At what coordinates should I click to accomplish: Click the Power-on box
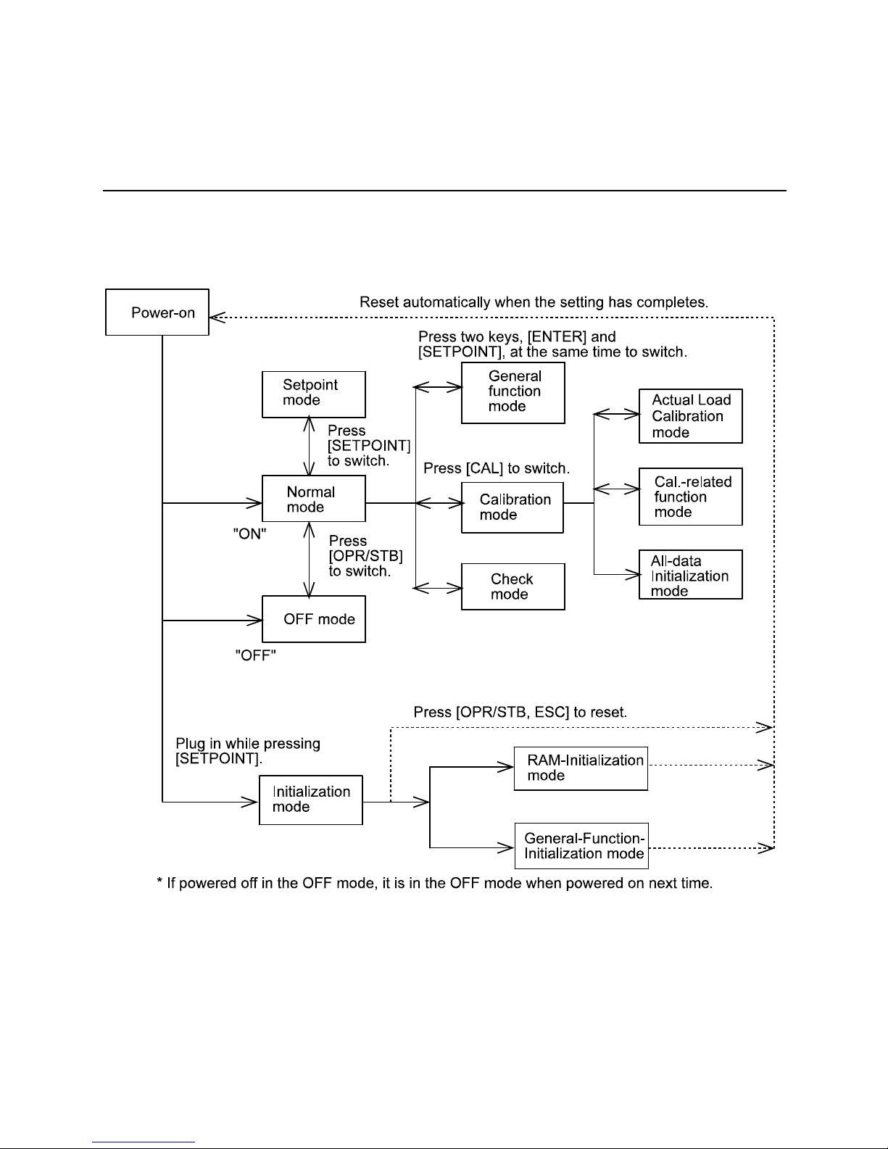tap(157, 312)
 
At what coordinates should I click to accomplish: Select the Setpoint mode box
tap(313, 394)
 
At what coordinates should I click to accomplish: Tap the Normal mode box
tap(313, 499)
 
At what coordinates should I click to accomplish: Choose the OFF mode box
tap(313, 619)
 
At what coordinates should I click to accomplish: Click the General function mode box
tap(513, 393)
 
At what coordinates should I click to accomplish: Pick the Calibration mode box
tap(513, 507)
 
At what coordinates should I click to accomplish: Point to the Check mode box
tap(513, 586)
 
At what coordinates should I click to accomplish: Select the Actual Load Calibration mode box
tap(690, 416)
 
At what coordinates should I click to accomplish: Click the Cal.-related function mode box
tap(690, 497)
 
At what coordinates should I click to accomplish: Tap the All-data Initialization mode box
tap(690, 574)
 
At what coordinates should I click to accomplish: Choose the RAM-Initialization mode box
tap(581, 768)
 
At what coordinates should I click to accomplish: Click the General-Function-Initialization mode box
tap(581, 845)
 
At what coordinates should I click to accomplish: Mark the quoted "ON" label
tap(249, 534)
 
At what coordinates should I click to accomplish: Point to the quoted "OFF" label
tap(255, 655)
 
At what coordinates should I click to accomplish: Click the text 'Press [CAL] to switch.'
tap(497, 468)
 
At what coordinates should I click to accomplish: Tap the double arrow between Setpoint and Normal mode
tap(310, 447)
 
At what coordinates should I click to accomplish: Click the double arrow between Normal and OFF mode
tap(310, 560)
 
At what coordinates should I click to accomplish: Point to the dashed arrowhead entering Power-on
tap(217, 318)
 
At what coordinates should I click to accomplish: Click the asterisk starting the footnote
tap(159, 880)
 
